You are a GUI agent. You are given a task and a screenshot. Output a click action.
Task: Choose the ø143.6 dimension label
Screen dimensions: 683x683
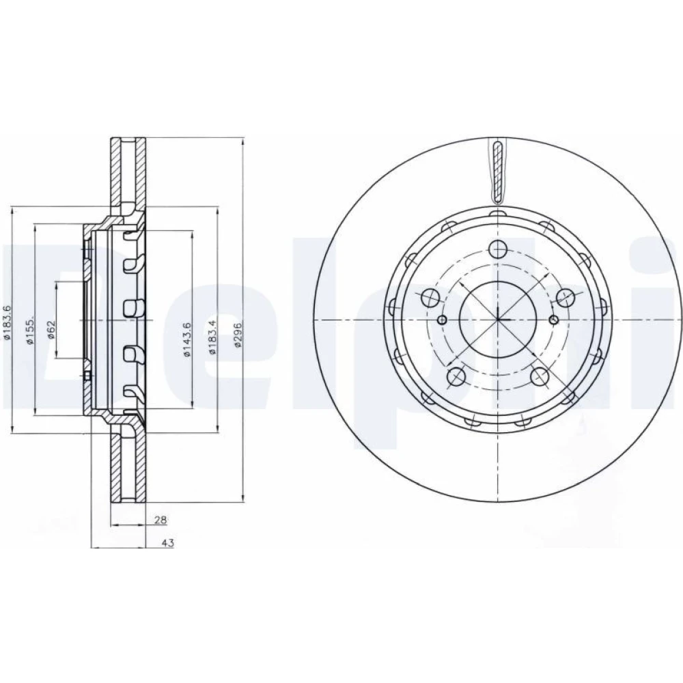[x=187, y=339]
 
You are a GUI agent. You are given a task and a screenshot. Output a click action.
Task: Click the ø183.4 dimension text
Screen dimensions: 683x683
[x=212, y=337]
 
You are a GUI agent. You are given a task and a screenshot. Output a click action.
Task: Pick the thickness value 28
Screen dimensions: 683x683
[x=161, y=519]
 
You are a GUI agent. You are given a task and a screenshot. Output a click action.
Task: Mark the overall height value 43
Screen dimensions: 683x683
[x=168, y=543]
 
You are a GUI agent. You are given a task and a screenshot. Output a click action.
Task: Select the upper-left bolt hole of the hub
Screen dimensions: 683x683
[x=431, y=298]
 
